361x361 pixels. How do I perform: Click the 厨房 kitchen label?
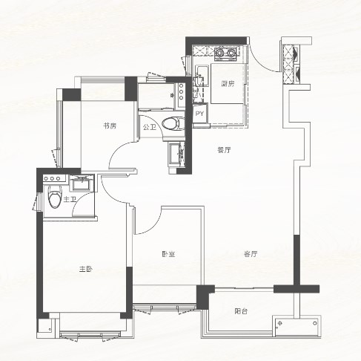click(228, 84)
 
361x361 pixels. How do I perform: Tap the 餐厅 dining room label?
click(224, 150)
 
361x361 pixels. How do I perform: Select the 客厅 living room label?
click(251, 254)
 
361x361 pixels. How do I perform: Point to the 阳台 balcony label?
click(241, 311)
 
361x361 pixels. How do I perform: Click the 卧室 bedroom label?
click(168, 254)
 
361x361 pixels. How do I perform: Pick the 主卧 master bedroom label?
click(86, 269)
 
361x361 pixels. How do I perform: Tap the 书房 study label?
click(110, 126)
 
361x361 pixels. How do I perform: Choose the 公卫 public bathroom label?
click(150, 128)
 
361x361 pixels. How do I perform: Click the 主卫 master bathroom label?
click(70, 200)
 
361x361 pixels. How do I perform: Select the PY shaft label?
click(199, 114)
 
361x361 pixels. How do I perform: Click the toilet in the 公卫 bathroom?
click(173, 123)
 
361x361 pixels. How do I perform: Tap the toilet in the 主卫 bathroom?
click(55, 197)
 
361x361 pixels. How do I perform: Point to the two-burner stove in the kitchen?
click(225, 53)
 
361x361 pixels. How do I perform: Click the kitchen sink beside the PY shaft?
click(202, 74)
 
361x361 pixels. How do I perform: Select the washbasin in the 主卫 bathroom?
click(82, 183)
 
